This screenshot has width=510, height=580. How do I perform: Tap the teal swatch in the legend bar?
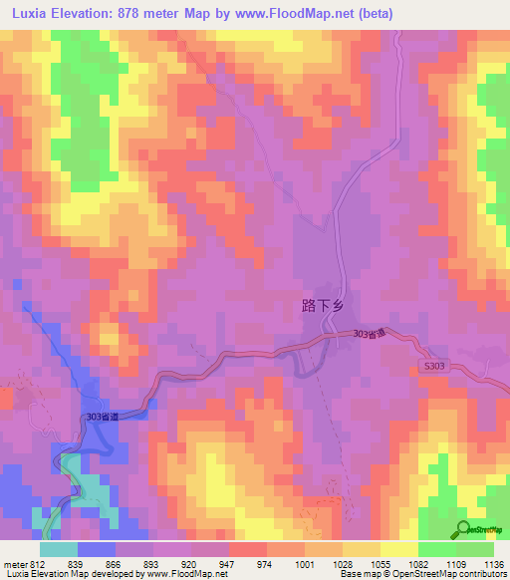(x=59, y=548)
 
